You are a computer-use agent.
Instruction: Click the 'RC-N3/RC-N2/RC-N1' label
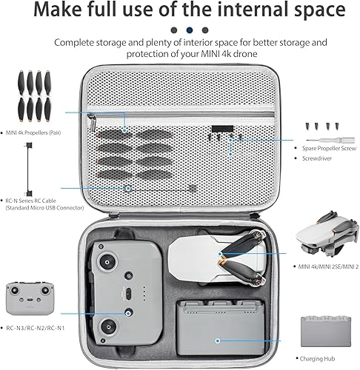pos(33,326)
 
